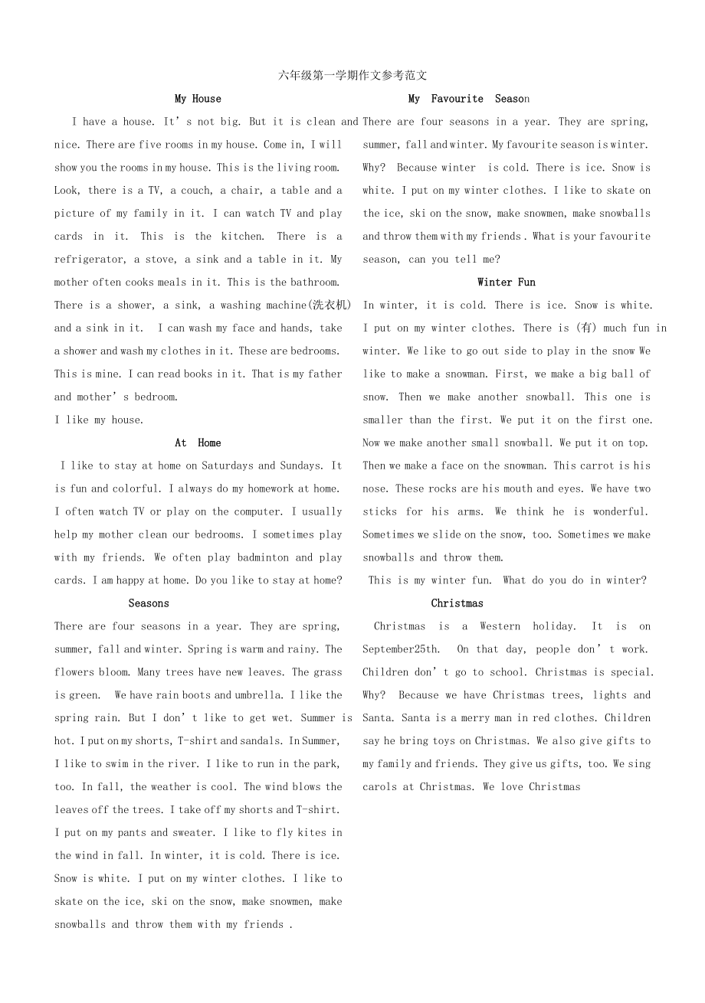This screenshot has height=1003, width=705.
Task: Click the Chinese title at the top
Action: click(x=353, y=75)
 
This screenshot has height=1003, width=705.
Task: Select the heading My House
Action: click(x=198, y=99)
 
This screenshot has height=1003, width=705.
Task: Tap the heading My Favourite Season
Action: click(x=468, y=99)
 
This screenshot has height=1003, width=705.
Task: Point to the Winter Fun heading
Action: click(x=507, y=283)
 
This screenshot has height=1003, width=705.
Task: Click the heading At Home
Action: click(x=198, y=443)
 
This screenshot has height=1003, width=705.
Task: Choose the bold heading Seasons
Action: click(x=149, y=604)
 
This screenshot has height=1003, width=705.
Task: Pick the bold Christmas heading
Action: click(x=457, y=604)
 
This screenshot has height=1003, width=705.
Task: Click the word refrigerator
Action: click(x=90, y=260)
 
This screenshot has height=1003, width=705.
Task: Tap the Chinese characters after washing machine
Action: click(x=330, y=305)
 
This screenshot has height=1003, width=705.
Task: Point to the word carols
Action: click(x=380, y=788)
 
